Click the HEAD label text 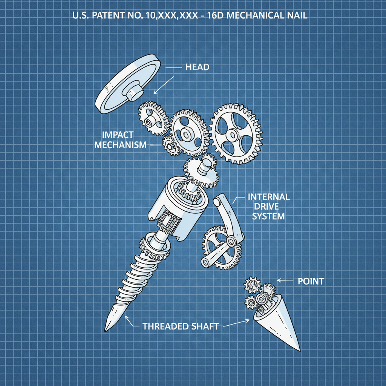click(x=197, y=67)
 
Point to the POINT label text click(x=311, y=281)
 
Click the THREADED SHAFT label click(x=181, y=326)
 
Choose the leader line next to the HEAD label click(x=174, y=68)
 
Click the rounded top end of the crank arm click(x=218, y=201)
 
